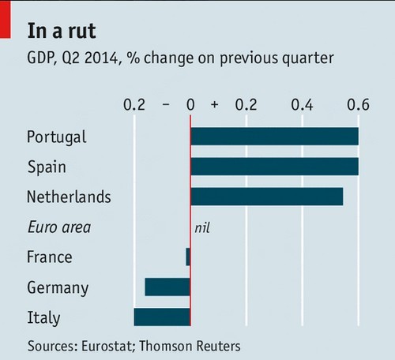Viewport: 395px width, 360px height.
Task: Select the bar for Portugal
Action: pos(274,137)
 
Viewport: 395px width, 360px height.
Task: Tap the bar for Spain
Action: pos(274,167)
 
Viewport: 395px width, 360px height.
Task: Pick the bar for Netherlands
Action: pos(266,197)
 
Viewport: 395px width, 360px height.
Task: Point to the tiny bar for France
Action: pos(188,257)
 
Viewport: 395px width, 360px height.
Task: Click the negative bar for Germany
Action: pos(167,287)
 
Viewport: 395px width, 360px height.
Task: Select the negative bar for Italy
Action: pos(162,317)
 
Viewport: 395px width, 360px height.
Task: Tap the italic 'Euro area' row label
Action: pos(58,227)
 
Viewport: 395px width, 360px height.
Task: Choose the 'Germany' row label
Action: pos(57,287)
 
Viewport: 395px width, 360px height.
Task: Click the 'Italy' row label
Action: pos(43,317)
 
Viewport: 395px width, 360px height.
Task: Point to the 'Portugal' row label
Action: pos(56,137)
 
